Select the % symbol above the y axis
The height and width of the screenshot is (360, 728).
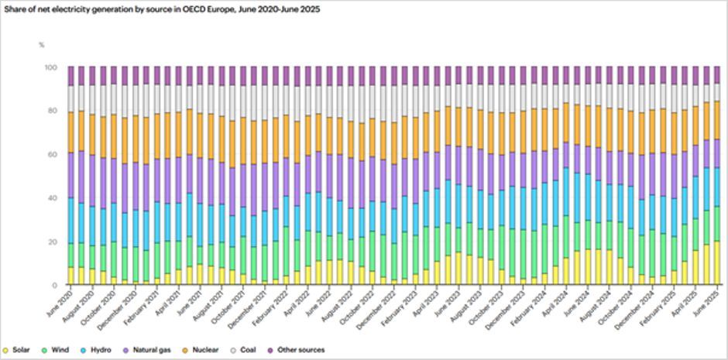42,44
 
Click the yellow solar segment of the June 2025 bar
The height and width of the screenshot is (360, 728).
716,263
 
